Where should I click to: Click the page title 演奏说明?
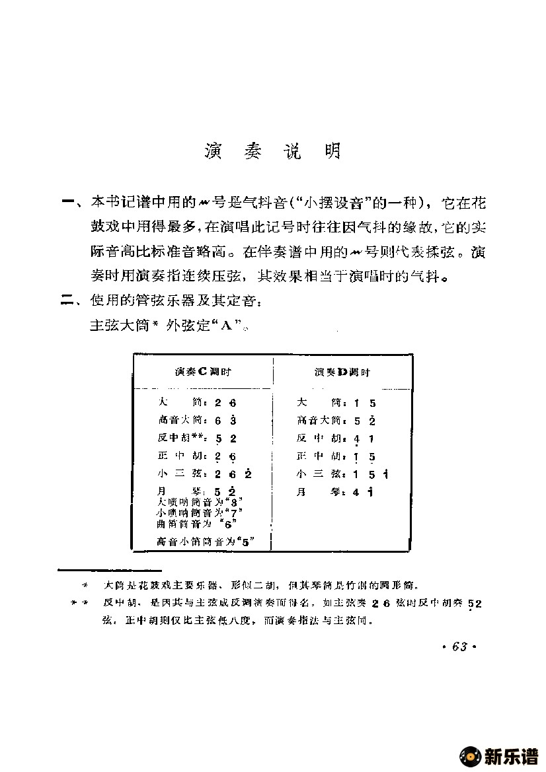coord(272,153)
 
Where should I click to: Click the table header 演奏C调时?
coord(203,372)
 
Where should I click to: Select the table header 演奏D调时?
coord(342,372)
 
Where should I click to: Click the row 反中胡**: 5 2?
coord(198,439)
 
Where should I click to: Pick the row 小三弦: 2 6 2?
coord(205,474)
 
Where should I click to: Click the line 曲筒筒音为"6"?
coord(196,524)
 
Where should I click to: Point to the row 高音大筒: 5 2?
coord(336,421)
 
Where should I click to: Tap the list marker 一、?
coord(70,201)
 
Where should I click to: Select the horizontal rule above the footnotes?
coord(110,569)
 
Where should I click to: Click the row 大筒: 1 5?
coord(336,403)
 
